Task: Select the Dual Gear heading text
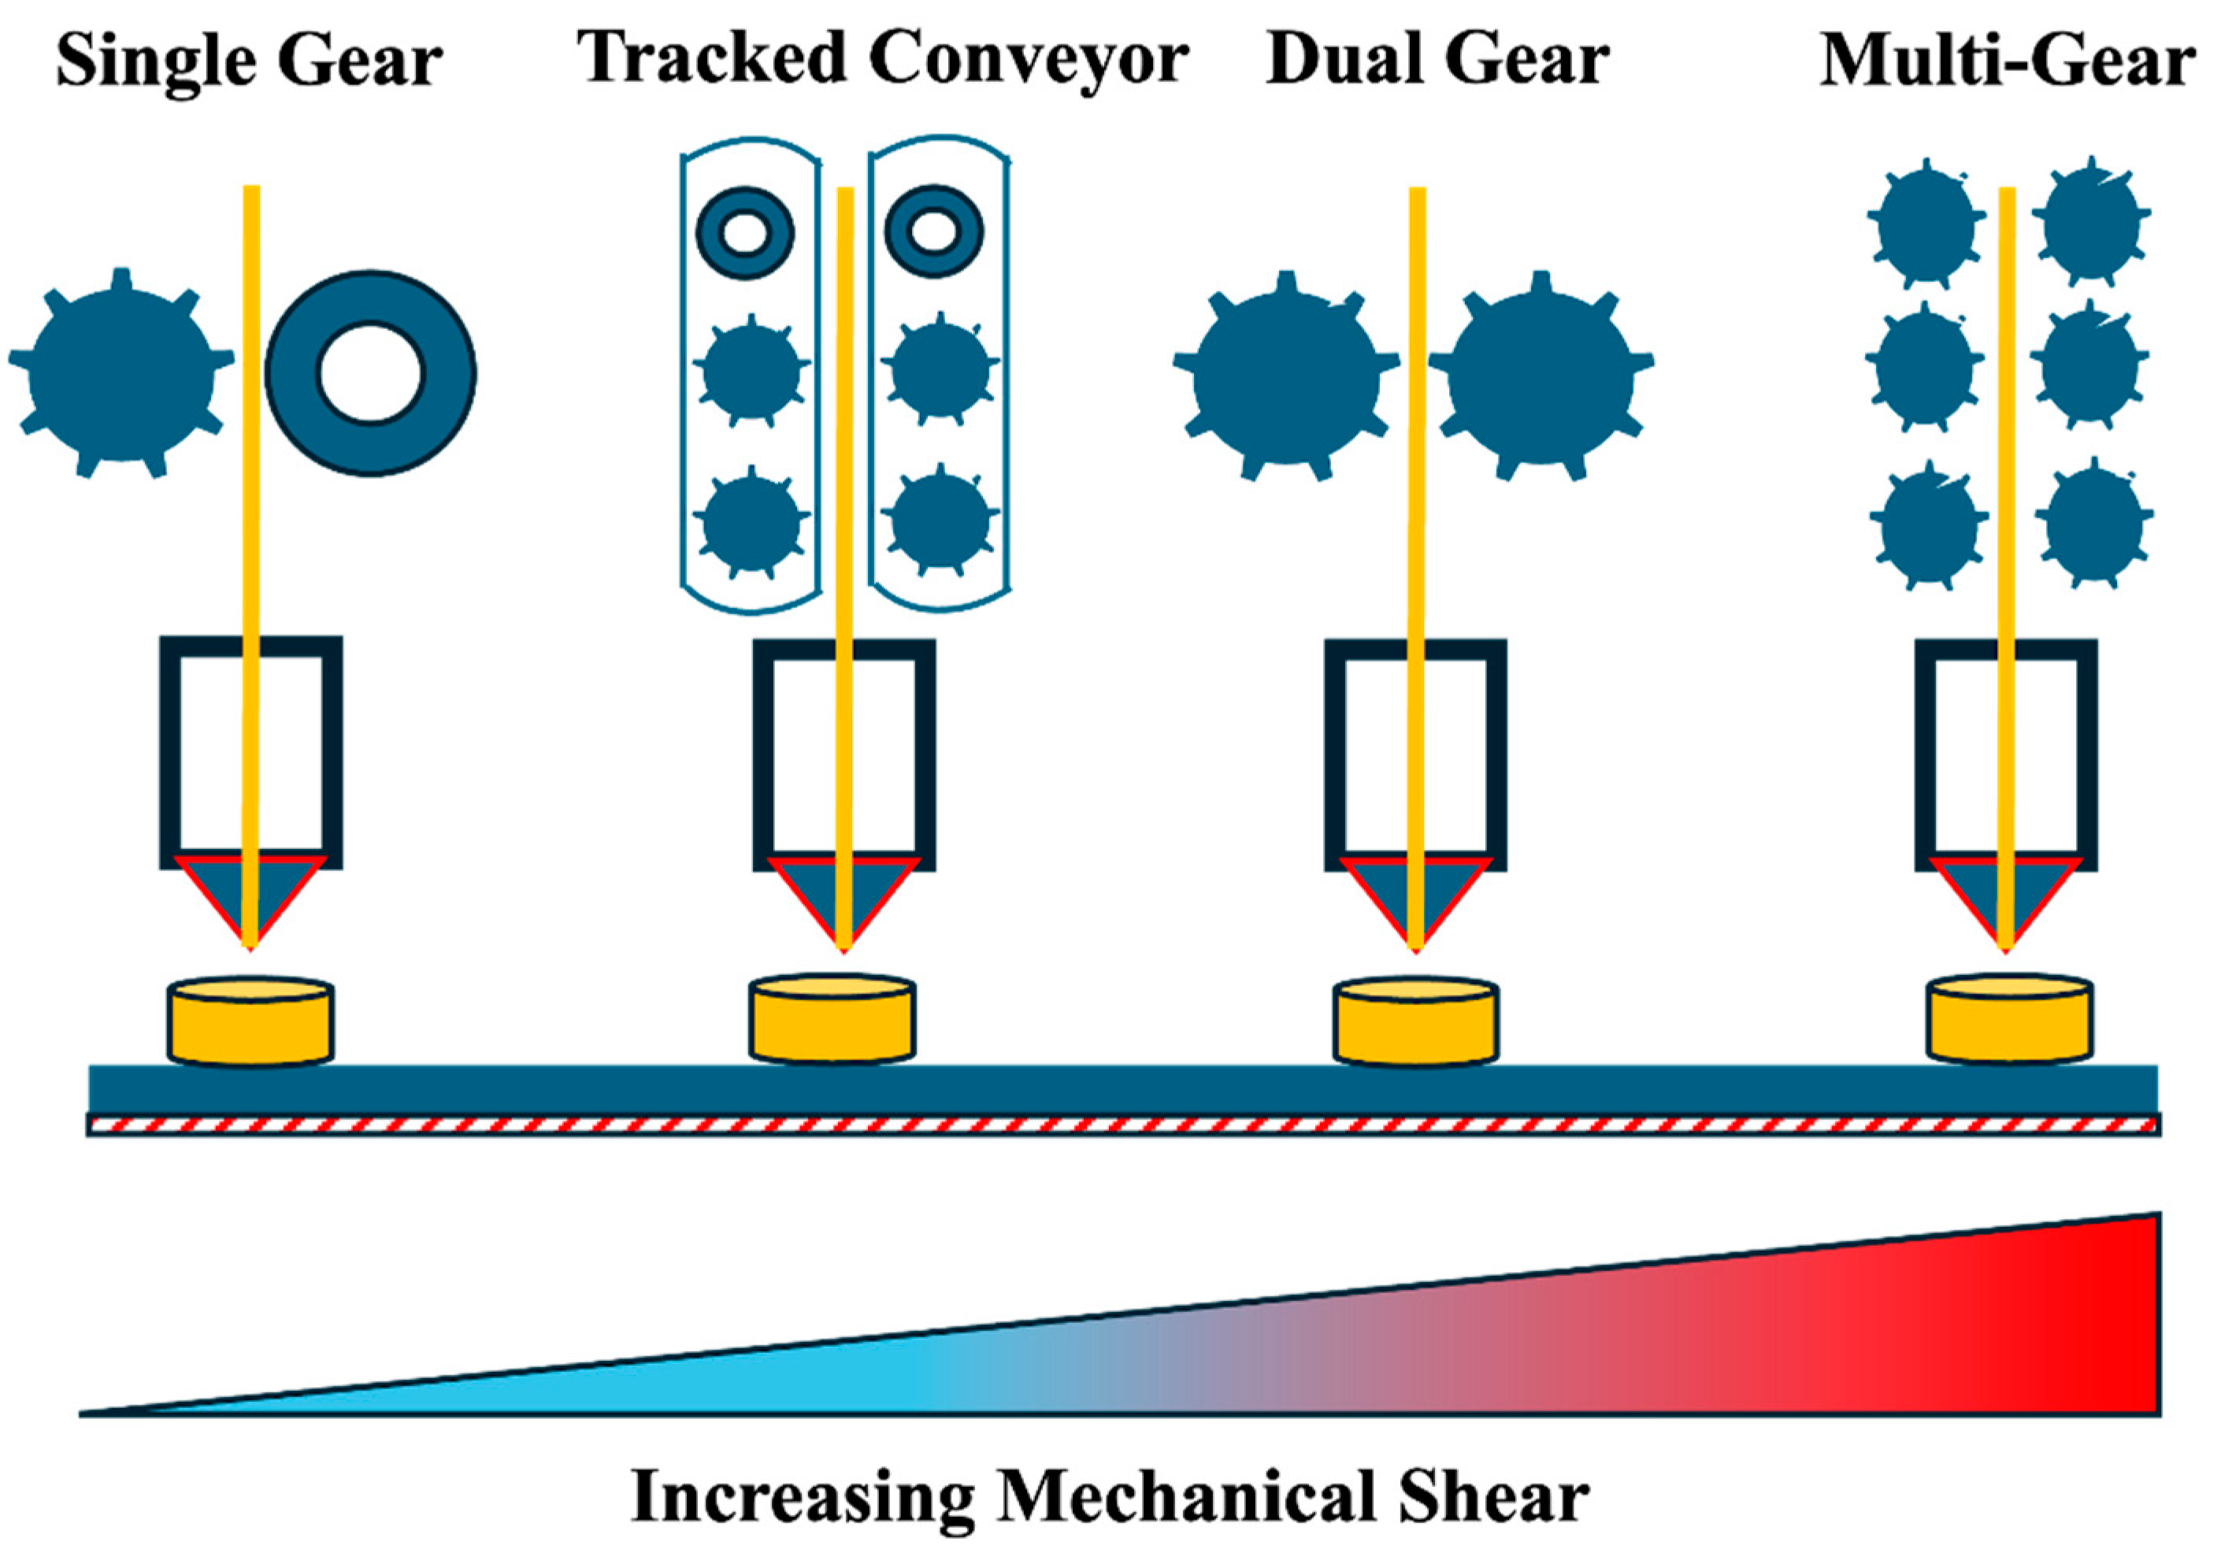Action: pos(1438,61)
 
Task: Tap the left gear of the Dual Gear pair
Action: pos(1285,377)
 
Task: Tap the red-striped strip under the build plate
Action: pos(1123,1125)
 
